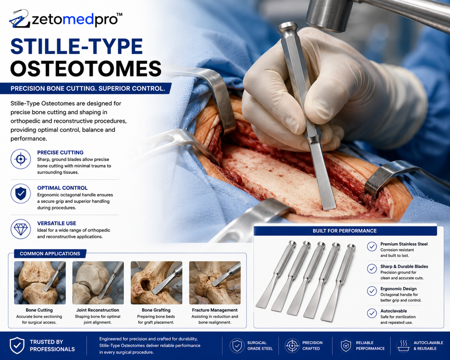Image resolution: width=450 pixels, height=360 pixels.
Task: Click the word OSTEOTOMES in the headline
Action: (x=86, y=68)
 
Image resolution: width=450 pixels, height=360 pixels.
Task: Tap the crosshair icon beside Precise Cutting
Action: (x=21, y=159)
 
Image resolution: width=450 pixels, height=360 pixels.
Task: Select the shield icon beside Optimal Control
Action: (x=21, y=194)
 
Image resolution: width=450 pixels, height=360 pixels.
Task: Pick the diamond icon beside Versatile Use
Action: (x=21, y=229)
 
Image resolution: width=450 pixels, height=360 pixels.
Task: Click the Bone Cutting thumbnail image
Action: (x=40, y=283)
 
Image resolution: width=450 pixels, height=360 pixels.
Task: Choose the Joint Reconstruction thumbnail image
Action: (x=98, y=283)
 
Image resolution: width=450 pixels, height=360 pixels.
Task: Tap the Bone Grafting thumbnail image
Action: (x=157, y=283)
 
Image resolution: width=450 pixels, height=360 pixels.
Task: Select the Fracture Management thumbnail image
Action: (x=215, y=283)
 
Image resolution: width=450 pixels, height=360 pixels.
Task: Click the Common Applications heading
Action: (x=50, y=254)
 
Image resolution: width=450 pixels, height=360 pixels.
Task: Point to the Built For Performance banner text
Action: (x=345, y=231)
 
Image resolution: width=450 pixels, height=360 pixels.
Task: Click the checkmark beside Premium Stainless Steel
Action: (x=372, y=247)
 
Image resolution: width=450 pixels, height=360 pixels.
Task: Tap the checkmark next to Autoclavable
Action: (x=372, y=313)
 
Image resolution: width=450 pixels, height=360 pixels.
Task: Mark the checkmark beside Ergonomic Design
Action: (x=372, y=291)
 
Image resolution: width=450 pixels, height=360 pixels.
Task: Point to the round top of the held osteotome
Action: (x=288, y=27)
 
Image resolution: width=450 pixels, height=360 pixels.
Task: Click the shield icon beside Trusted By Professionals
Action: (x=17, y=345)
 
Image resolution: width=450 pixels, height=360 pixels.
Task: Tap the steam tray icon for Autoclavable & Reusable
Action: (x=404, y=345)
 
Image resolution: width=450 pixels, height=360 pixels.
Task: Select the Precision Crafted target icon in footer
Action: (x=292, y=345)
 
